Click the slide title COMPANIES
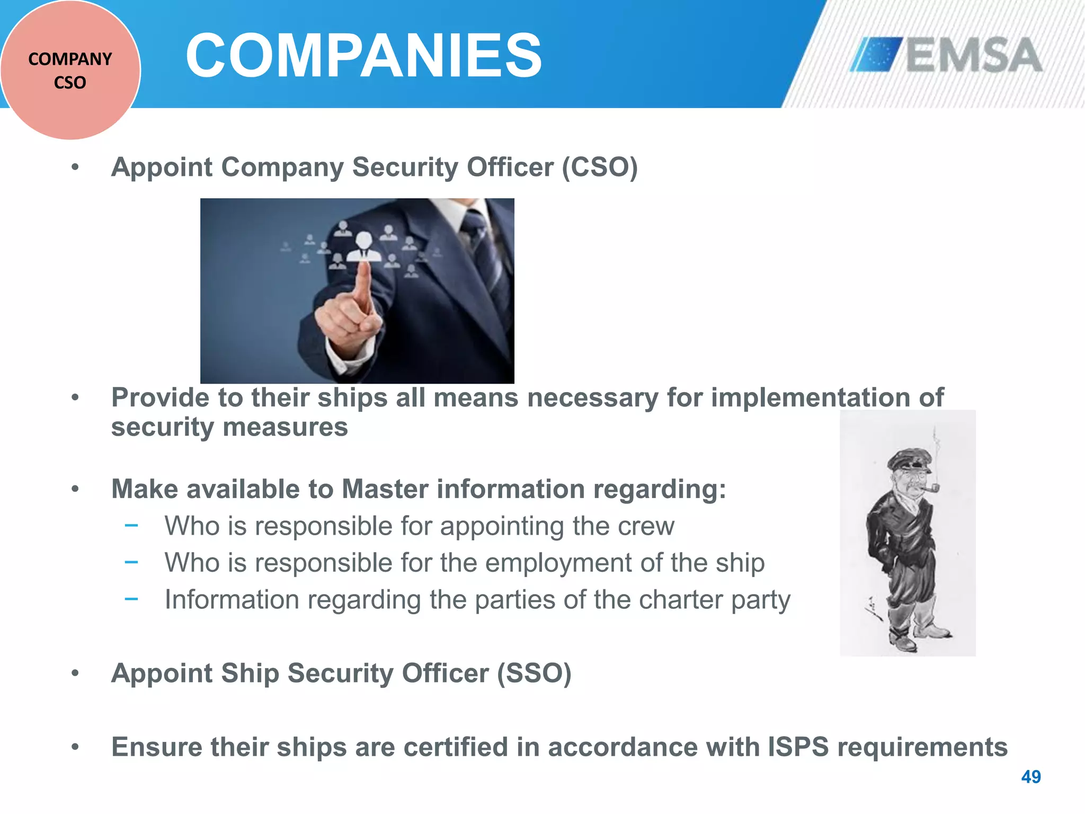coord(364,55)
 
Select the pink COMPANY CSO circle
coord(70,70)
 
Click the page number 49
coord(1030,777)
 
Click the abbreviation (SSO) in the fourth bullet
coord(533,674)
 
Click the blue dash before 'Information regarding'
coord(131,599)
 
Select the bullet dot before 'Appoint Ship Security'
coord(75,674)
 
